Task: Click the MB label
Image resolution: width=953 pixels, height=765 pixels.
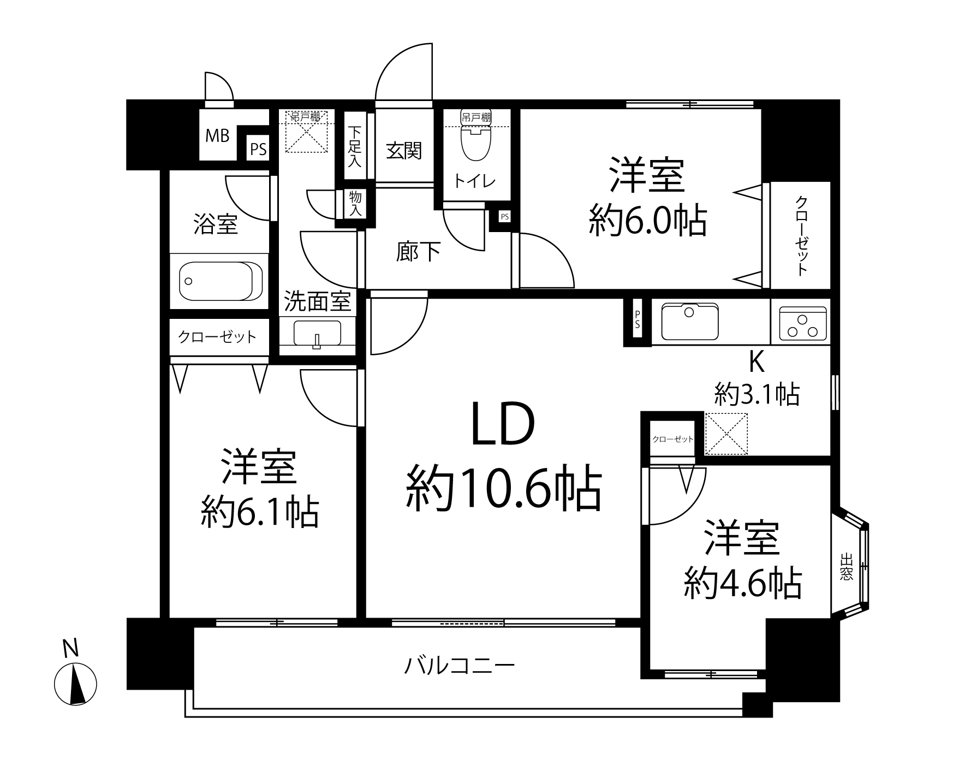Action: click(217, 135)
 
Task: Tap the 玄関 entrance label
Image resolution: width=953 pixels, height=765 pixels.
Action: click(404, 151)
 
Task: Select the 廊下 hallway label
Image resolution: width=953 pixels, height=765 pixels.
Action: click(418, 252)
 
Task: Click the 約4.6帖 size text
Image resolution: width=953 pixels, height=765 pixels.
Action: click(743, 584)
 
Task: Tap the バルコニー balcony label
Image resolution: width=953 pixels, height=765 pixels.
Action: click(460, 666)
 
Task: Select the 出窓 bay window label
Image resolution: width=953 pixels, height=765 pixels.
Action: click(847, 567)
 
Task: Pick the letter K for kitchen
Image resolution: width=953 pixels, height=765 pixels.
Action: click(756, 361)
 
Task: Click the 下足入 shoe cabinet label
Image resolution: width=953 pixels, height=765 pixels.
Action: click(355, 146)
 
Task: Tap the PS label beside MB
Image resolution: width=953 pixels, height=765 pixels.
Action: click(258, 150)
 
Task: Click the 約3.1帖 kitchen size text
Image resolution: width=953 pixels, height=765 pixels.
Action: click(758, 394)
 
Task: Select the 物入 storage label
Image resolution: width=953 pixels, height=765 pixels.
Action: click(355, 203)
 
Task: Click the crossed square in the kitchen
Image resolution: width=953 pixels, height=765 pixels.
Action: click(726, 434)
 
